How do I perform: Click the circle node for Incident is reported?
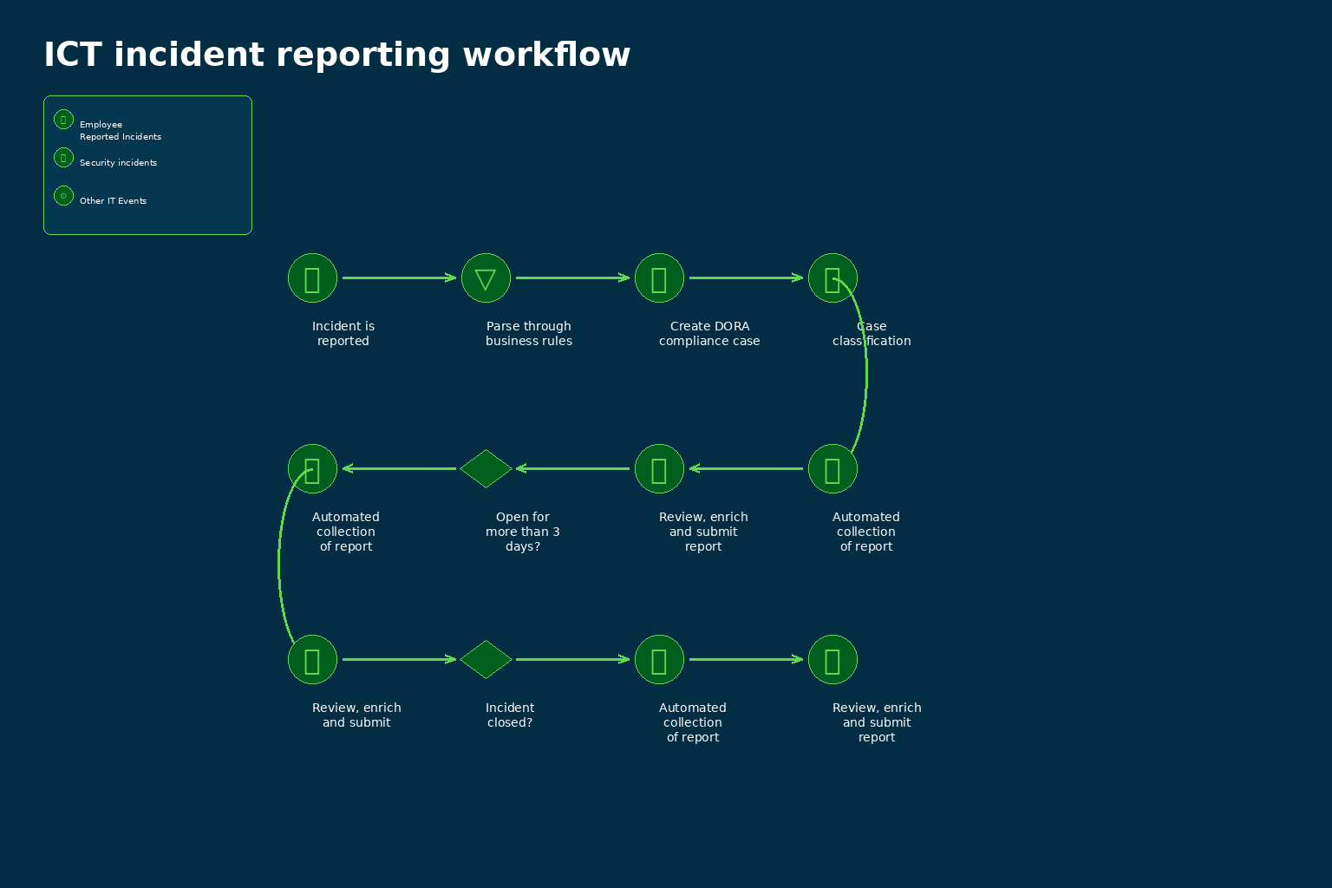(x=312, y=277)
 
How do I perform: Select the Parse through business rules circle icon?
(x=486, y=277)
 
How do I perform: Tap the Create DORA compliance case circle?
(x=659, y=277)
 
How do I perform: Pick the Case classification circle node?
(x=832, y=277)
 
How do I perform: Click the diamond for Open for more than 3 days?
(x=486, y=468)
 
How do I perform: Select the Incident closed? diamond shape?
(x=486, y=660)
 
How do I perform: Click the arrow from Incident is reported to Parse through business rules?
(x=399, y=277)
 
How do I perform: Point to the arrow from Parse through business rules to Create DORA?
(x=572, y=277)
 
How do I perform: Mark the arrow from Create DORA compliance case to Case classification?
(x=747, y=277)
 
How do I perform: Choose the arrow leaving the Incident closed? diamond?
(x=572, y=660)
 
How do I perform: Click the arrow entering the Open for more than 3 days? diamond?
(x=572, y=468)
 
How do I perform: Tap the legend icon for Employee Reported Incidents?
(x=63, y=120)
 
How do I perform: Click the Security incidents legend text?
(x=118, y=162)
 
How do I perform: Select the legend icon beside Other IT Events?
(x=63, y=196)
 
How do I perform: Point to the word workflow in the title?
(x=546, y=55)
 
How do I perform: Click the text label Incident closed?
(x=510, y=715)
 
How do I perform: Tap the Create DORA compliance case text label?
(x=709, y=334)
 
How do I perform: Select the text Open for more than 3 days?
(x=523, y=532)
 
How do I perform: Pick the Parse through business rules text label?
(x=529, y=334)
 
